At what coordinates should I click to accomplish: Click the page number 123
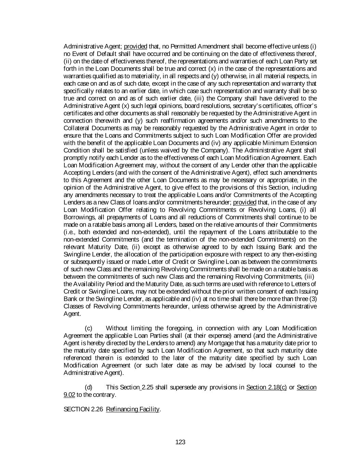pos(180,442)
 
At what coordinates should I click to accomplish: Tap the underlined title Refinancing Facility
pos(133,409)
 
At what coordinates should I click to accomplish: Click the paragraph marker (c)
pos(88,328)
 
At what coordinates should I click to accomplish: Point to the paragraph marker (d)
pos(88,387)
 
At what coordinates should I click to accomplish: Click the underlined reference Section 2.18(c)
pos(266,387)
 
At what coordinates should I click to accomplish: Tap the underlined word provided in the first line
pos(135,46)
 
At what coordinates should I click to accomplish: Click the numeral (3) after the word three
pos(313,299)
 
